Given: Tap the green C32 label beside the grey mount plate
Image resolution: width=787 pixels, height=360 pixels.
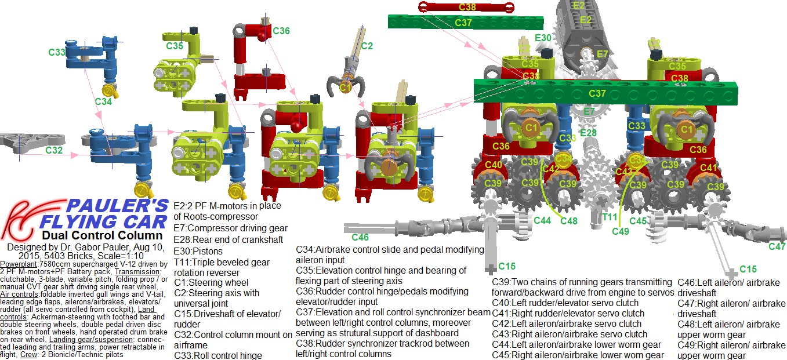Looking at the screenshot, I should pos(54,150).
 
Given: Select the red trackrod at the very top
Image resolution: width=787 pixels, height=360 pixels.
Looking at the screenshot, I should pos(466,7).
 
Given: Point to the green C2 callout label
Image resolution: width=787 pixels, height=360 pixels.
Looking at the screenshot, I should pos(367,46).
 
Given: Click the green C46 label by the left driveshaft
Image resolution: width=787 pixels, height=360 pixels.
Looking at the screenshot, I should pos(360,237).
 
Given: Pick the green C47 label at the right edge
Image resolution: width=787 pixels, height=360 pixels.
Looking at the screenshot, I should pos(777,246).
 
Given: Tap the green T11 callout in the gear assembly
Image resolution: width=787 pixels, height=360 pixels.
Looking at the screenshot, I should pos(610,217).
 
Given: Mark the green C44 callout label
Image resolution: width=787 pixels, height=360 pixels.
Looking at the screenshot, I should pos(542,220).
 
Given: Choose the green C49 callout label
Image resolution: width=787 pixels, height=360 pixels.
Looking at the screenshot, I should pos(621,231).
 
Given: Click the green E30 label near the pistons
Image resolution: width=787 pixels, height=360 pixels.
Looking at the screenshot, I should pos(543,38).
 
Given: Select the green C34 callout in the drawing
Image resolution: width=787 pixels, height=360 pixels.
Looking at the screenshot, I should pos(103,101).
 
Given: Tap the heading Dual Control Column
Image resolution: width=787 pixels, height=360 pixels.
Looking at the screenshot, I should pos(102,235).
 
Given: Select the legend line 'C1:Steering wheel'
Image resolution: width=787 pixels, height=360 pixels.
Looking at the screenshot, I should pos(211,283).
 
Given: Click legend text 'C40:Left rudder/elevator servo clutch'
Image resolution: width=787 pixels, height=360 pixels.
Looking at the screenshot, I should pos(565,303).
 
